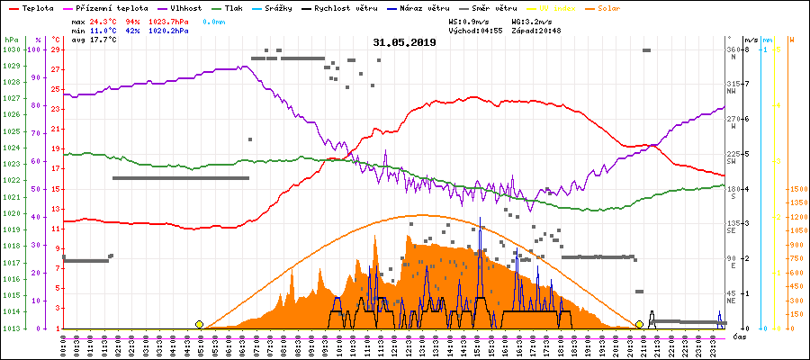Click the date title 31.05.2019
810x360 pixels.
[x=404, y=42]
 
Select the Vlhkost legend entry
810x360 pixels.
[x=186, y=7]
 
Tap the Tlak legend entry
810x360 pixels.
[x=237, y=7]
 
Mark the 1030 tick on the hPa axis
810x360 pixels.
[x=11, y=49]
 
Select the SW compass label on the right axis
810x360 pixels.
[x=733, y=163]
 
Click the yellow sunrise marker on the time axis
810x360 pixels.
[x=199, y=324]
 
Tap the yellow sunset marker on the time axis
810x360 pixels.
[x=639, y=324]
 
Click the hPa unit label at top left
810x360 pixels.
[x=10, y=40]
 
